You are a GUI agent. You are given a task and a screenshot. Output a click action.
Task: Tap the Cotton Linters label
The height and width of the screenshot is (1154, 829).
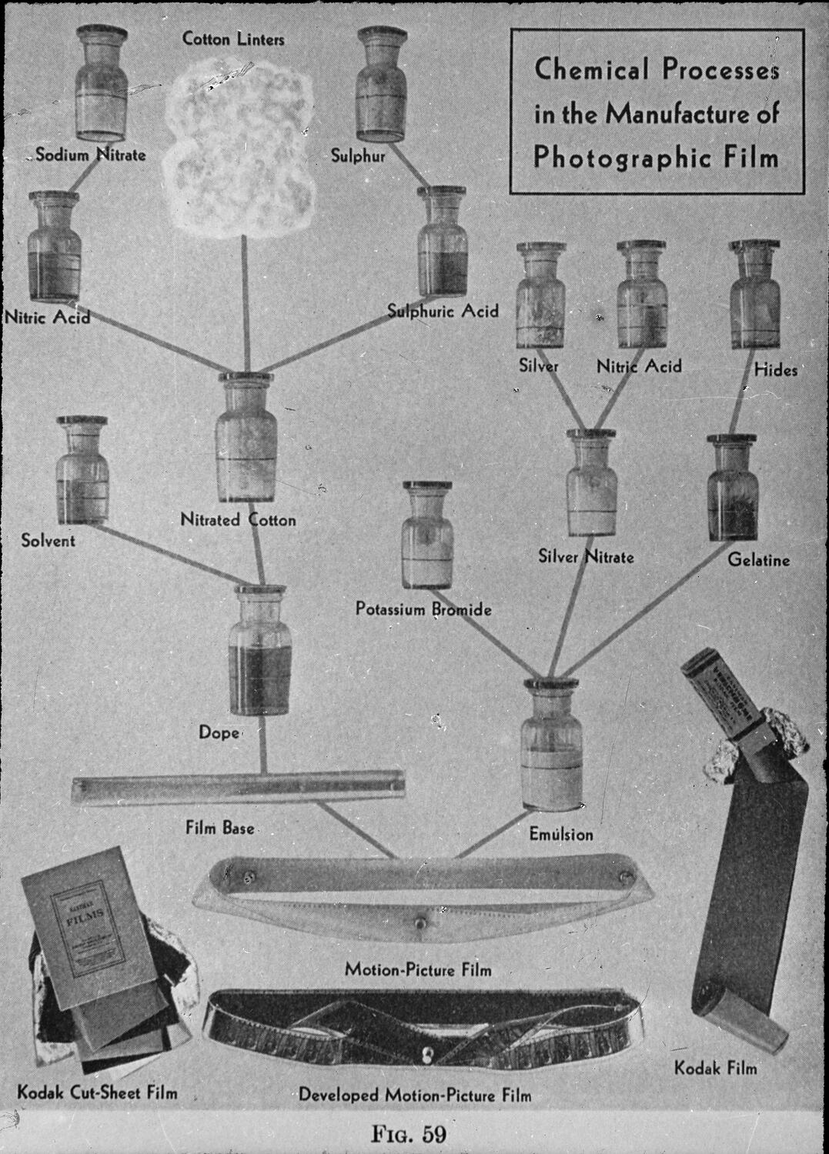pos(233,38)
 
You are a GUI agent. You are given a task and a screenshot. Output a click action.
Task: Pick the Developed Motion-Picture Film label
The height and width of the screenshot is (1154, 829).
pos(415,1094)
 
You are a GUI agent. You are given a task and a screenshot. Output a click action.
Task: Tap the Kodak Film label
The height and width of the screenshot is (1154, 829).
pos(715,1068)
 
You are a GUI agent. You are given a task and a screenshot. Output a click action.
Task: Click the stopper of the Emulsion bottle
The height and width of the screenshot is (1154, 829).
pos(550,685)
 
